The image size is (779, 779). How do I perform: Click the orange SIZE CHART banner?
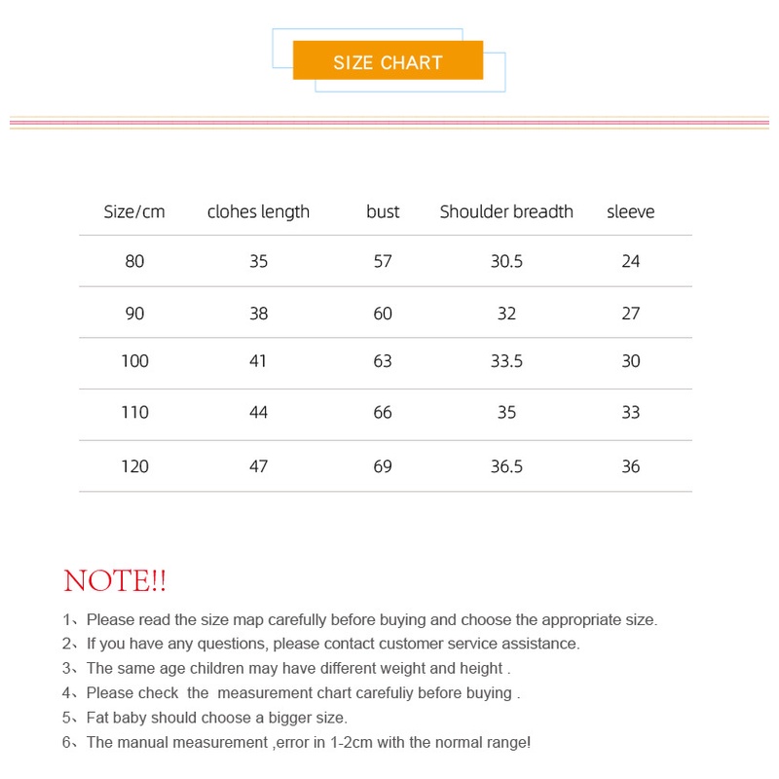(388, 61)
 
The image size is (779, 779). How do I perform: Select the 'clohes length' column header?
(258, 211)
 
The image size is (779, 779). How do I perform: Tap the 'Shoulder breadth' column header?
(506, 211)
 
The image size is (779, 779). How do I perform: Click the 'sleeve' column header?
(630, 211)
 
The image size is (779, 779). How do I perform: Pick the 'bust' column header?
(383, 211)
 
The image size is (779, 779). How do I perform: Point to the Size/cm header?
(134, 211)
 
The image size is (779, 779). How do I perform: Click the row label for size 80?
(134, 261)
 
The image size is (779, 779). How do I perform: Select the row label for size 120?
(134, 466)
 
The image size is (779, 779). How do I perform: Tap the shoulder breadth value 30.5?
(506, 261)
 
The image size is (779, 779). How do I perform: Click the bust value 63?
(383, 361)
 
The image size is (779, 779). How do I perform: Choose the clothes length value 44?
(258, 412)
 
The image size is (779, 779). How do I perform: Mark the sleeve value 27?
(630, 313)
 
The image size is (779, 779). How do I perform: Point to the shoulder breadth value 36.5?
(506, 466)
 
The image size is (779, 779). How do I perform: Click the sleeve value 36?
(630, 466)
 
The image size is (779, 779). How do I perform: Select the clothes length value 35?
(258, 261)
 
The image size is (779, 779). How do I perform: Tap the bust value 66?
(383, 412)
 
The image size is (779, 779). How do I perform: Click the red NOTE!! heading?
(115, 581)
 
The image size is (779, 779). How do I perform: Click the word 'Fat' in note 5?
(98, 718)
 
